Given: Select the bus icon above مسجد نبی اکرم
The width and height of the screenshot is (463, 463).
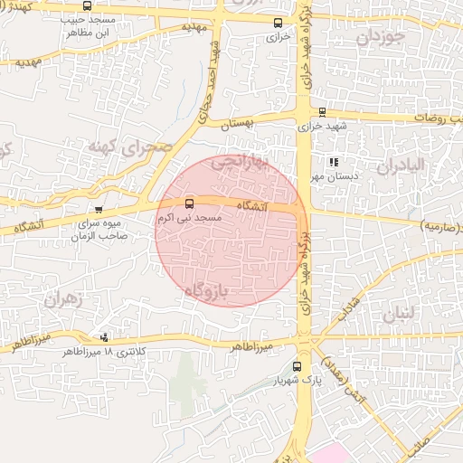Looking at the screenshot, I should click(189, 204).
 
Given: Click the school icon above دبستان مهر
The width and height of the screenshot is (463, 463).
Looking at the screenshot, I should click(334, 162).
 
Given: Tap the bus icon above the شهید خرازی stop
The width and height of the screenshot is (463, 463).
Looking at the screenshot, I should click(323, 112).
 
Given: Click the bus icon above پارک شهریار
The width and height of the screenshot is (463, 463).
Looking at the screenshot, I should click(298, 366).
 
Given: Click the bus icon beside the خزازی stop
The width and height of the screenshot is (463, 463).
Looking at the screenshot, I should click(278, 24).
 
